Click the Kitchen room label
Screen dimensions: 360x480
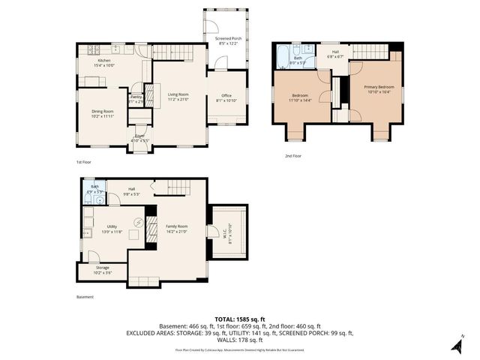(104, 62)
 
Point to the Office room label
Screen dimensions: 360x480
(226, 97)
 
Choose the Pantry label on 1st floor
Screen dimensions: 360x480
(136, 98)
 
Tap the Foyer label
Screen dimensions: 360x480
(139, 137)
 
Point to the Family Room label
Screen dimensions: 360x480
(177, 229)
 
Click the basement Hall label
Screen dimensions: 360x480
(131, 191)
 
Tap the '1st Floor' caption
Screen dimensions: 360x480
(84, 162)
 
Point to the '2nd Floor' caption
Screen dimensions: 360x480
(292, 156)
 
